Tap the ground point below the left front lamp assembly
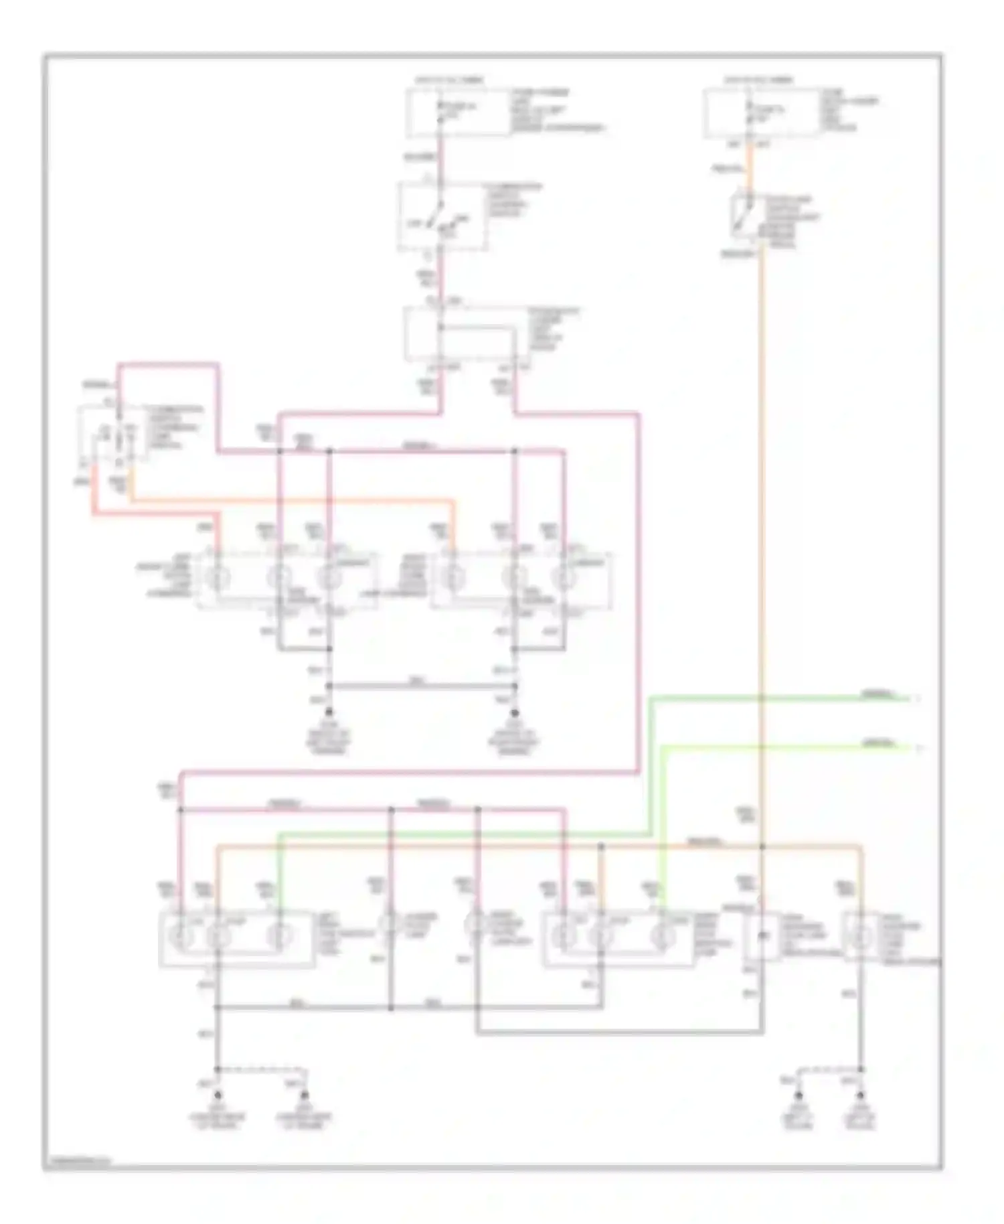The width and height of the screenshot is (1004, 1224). pos(329,715)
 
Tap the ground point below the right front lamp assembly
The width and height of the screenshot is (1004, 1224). pos(515,715)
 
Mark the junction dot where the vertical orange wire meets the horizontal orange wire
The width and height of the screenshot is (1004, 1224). pos(762,847)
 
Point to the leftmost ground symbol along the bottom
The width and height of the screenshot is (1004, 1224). pos(218,1096)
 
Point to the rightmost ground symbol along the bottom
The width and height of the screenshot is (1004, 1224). pos(861,1096)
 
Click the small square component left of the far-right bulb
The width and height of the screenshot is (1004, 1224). pos(761,935)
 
